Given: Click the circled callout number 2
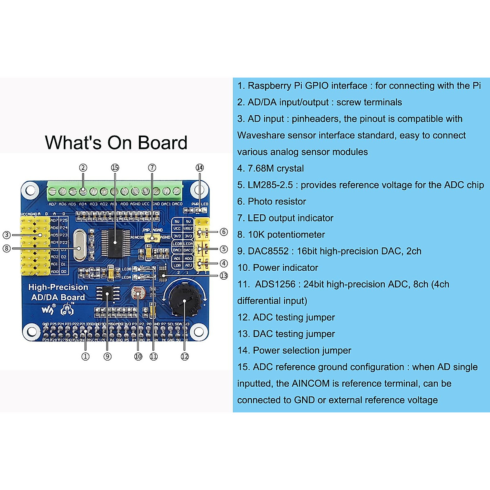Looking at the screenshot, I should click(x=83, y=167).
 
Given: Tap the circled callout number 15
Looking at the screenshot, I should click(x=115, y=167).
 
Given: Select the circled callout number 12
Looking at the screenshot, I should click(x=185, y=356).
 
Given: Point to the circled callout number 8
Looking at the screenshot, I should click(x=7, y=248).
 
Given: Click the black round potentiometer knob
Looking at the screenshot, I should click(x=184, y=301).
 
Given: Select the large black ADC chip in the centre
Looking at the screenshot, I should click(x=115, y=243).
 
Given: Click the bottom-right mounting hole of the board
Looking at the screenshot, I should click(x=199, y=332).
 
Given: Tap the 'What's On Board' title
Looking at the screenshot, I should click(x=116, y=143).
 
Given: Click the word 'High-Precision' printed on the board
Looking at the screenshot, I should click(x=58, y=287).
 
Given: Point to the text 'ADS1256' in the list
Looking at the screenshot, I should click(x=275, y=284).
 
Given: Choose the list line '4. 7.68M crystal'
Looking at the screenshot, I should click(x=271, y=169).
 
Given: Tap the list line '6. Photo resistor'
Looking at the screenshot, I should click(x=272, y=202).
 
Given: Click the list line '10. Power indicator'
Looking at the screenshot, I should click(x=278, y=268).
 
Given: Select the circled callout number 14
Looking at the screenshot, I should click(x=199, y=167).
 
